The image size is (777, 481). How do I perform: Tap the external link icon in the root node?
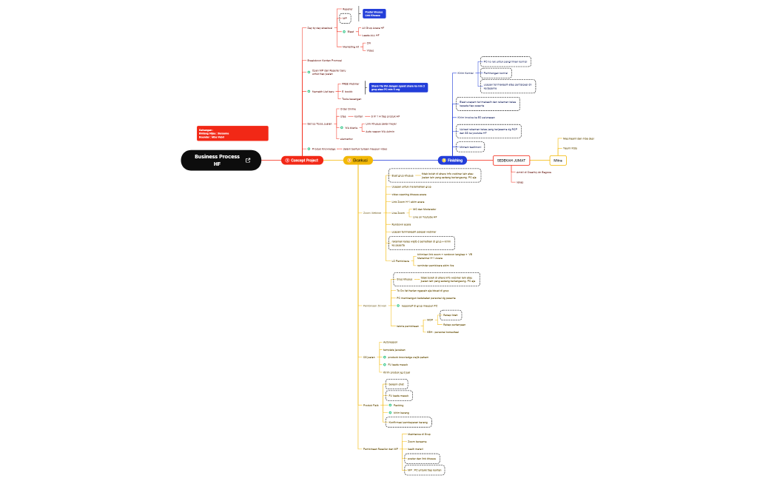tap(248, 160)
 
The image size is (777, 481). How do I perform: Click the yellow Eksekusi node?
tap(358, 160)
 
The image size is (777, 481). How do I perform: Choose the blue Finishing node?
tap(452, 160)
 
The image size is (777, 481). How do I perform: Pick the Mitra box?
tap(558, 160)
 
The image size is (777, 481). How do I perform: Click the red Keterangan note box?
tap(232, 133)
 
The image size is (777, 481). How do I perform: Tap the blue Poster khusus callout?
tap(374, 13)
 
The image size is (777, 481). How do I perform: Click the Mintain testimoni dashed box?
tap(470, 147)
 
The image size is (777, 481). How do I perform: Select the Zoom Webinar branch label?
tap(371, 212)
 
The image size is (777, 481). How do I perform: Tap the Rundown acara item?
tap(401, 223)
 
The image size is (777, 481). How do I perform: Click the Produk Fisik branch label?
tap(371, 406)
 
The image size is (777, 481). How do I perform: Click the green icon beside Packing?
tap(390, 406)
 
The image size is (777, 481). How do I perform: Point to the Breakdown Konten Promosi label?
tap(324, 60)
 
